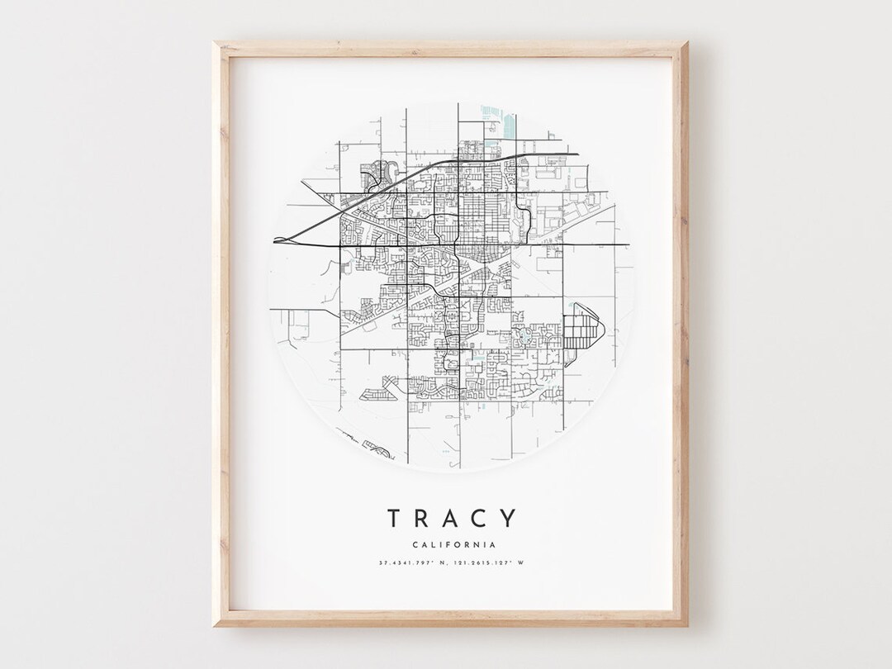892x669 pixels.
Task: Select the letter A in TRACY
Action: (450, 519)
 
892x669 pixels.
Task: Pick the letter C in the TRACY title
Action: (478, 519)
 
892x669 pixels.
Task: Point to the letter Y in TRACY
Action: (506, 519)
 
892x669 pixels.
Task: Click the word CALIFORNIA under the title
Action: (451, 545)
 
